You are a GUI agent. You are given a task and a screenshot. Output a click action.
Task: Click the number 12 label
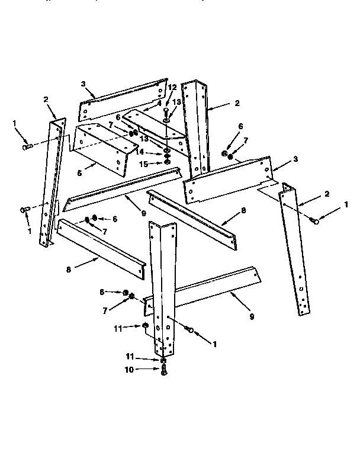coord(173,88)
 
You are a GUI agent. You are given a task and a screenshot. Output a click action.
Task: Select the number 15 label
coord(143,163)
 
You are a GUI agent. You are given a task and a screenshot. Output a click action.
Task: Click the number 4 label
coord(159,102)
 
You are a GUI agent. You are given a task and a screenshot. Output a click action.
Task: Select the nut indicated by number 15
coord(168,162)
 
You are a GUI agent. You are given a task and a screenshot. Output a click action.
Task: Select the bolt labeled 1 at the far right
coord(316,222)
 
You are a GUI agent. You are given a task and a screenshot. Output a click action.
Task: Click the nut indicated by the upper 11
coord(144,326)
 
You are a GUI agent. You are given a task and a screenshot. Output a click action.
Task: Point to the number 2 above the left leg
coord(46,100)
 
